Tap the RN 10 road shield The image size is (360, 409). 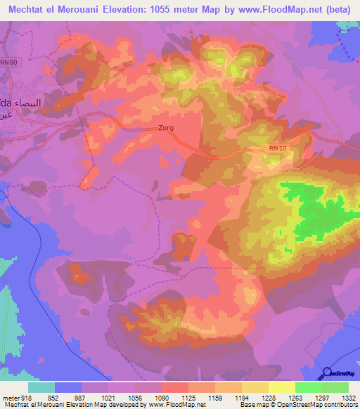pyautogui.click(x=278, y=148)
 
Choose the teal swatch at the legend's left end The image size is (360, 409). pyautogui.click(x=41, y=387)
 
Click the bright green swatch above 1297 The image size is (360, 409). pyautogui.click(x=309, y=387)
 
